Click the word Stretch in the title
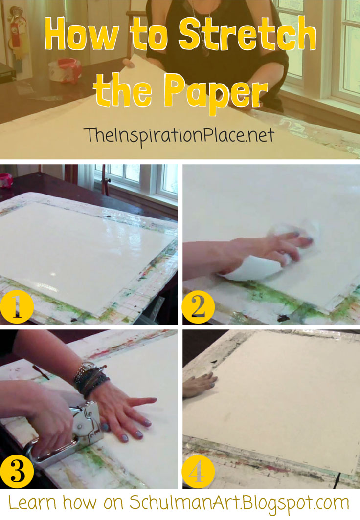click(x=247, y=35)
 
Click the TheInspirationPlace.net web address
click(x=179, y=135)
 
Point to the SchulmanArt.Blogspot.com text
click(x=239, y=503)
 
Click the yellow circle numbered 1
click(x=17, y=306)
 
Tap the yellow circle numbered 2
click(x=198, y=307)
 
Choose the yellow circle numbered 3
click(x=17, y=471)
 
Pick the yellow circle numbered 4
click(x=198, y=471)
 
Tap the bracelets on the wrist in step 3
click(x=89, y=379)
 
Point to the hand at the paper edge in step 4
click(x=200, y=385)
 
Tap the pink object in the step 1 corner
click(x=6, y=180)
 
